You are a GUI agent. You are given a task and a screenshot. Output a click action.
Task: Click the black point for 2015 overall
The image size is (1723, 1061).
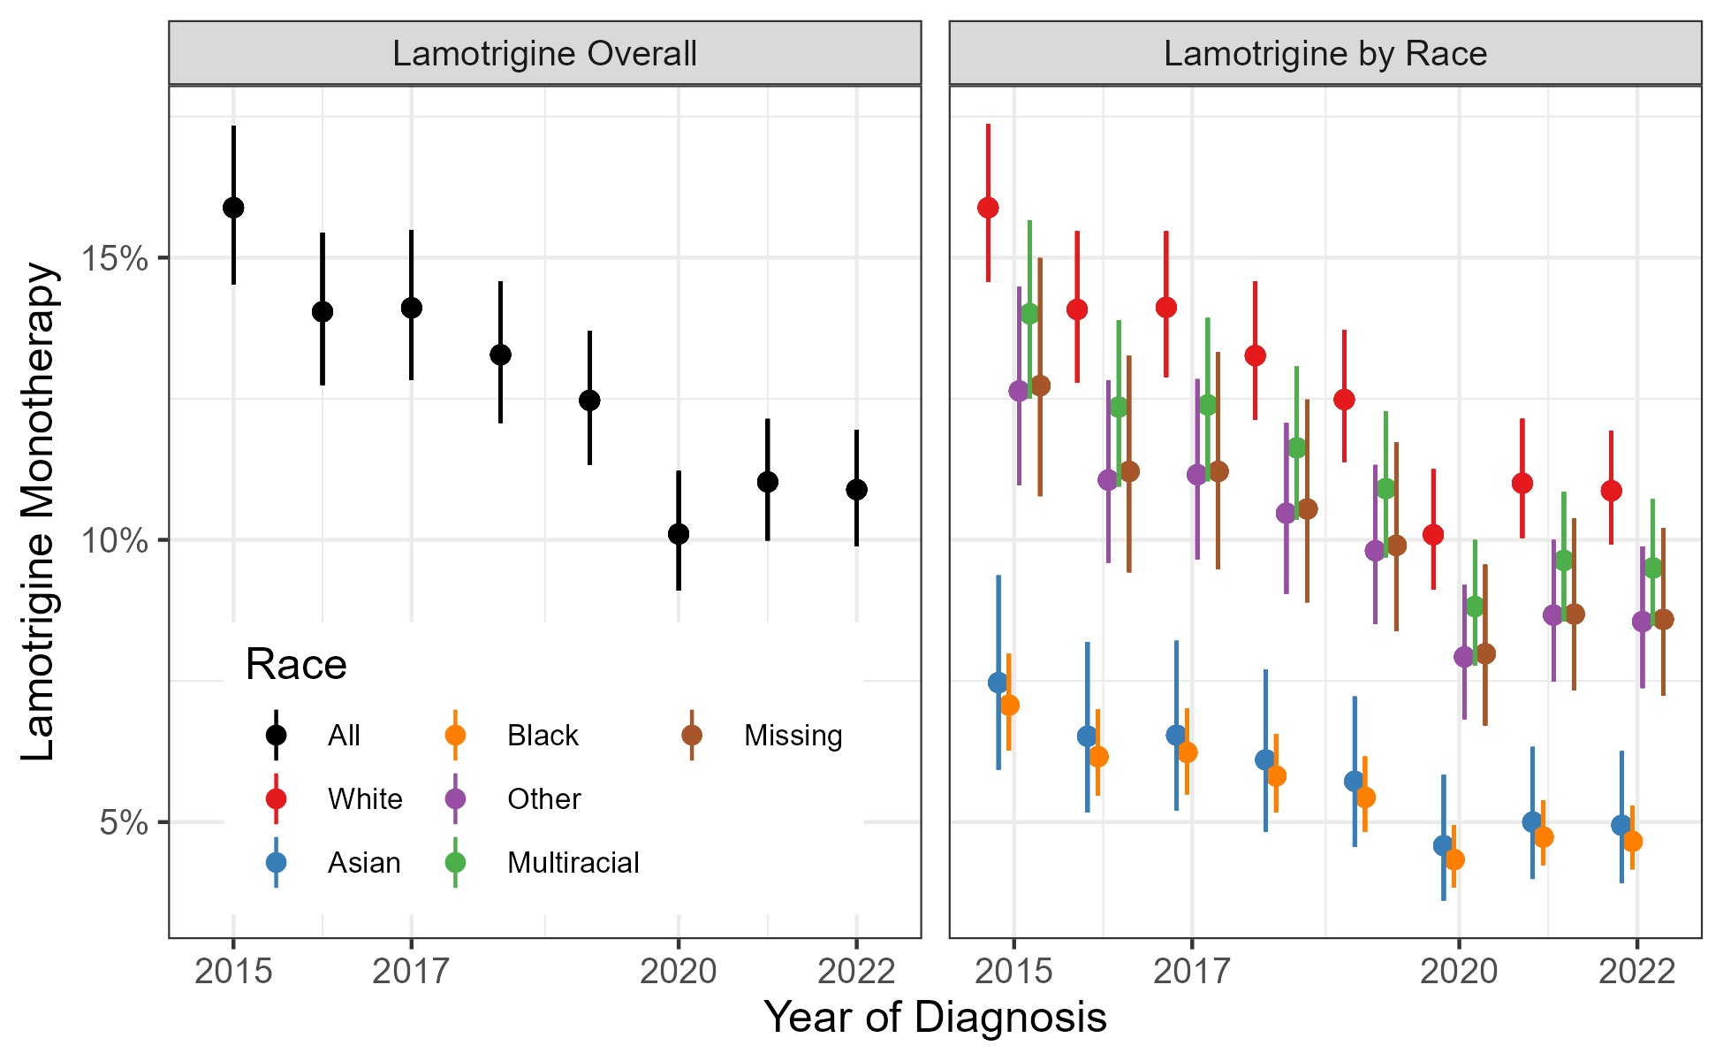click(x=233, y=208)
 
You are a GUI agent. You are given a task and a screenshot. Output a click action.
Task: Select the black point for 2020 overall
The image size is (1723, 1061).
click(x=679, y=534)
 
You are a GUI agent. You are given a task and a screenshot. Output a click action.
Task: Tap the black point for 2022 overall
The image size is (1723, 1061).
click(x=856, y=490)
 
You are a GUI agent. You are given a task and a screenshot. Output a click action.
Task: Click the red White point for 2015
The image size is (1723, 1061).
click(x=988, y=208)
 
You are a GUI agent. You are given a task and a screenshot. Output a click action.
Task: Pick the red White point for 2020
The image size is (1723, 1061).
click(x=1433, y=535)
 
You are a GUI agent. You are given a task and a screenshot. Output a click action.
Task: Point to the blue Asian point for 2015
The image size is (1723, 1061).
click(x=998, y=683)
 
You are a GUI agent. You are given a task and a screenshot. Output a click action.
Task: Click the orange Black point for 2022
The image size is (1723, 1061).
click(x=1632, y=841)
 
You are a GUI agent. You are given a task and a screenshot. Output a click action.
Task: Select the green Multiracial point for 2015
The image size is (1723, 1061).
click(x=1029, y=314)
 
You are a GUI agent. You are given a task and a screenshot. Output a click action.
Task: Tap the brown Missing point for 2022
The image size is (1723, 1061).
click(x=1663, y=620)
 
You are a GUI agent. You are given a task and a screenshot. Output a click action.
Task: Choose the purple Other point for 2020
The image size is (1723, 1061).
click(x=1464, y=657)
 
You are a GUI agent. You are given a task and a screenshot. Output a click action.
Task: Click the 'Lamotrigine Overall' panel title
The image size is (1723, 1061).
click(x=544, y=54)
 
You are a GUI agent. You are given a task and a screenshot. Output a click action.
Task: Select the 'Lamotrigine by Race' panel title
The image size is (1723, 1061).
click(x=1325, y=54)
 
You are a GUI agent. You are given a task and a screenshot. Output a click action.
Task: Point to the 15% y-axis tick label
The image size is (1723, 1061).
click(x=114, y=259)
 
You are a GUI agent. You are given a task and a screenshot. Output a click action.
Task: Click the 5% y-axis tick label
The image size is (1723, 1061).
click(x=123, y=823)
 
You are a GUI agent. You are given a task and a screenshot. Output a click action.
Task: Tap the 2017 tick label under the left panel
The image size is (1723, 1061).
click(x=411, y=972)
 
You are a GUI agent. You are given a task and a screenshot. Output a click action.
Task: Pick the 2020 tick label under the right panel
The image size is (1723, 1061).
click(x=1459, y=972)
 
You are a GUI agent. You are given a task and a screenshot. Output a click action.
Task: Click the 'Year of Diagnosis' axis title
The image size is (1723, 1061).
click(x=935, y=1018)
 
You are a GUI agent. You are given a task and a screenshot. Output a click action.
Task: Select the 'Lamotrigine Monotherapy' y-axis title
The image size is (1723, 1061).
click(x=39, y=511)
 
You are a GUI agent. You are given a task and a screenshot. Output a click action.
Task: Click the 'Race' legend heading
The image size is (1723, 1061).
click(x=296, y=665)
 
